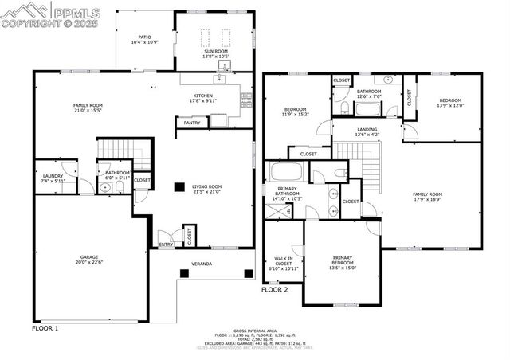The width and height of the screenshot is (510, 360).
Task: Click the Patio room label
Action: pos(143,37)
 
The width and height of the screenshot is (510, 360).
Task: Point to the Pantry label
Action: pos(192,123)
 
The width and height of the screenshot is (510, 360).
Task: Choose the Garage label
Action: pos(88,259)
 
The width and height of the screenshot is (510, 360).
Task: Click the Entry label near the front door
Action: pos(165,245)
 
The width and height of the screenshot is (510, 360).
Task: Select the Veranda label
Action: pos(201,263)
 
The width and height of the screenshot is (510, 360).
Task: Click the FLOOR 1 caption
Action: pos(45,327)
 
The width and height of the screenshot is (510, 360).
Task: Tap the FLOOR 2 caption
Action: pos(275,290)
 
